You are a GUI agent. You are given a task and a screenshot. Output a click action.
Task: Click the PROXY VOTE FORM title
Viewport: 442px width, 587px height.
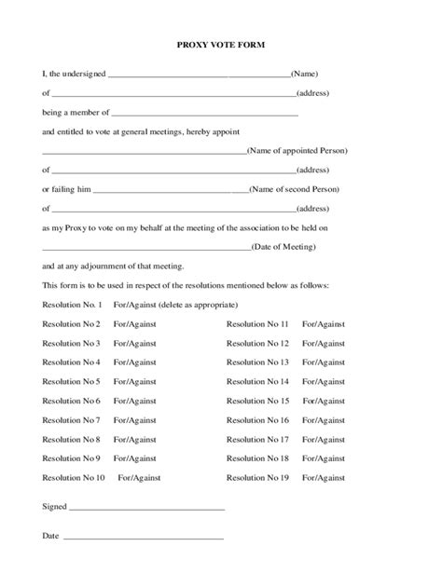pyautogui.click(x=220, y=45)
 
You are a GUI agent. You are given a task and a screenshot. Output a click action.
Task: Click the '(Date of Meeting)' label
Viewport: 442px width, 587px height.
pyautogui.click(x=284, y=247)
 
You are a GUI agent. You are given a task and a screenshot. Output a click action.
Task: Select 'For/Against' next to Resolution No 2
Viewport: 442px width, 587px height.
pyautogui.click(x=135, y=323)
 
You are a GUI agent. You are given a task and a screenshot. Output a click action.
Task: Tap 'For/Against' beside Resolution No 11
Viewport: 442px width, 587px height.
pyautogui.click(x=324, y=323)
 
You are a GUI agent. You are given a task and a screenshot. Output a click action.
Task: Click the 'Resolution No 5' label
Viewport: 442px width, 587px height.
pyautogui.click(x=71, y=381)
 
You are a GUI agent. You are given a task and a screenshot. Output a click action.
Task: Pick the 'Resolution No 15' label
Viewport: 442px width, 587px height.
pyautogui.click(x=257, y=401)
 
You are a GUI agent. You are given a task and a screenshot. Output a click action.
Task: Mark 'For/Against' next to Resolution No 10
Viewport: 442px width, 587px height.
pyautogui.click(x=140, y=478)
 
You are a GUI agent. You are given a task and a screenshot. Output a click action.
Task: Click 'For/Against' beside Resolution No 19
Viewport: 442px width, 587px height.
pyautogui.click(x=324, y=478)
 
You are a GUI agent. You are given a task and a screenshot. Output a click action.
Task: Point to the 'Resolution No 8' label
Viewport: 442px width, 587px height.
pyautogui.click(x=71, y=439)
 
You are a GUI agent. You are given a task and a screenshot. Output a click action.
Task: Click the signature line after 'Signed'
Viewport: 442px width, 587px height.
pyautogui.click(x=147, y=510)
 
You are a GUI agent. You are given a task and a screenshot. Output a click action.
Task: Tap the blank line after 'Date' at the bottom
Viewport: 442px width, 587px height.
pyautogui.click(x=143, y=539)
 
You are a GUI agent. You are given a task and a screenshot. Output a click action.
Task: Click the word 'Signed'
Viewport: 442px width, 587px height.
pyautogui.click(x=55, y=507)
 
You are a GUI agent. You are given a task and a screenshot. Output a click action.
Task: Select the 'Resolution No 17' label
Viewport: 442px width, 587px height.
pyautogui.click(x=257, y=439)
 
